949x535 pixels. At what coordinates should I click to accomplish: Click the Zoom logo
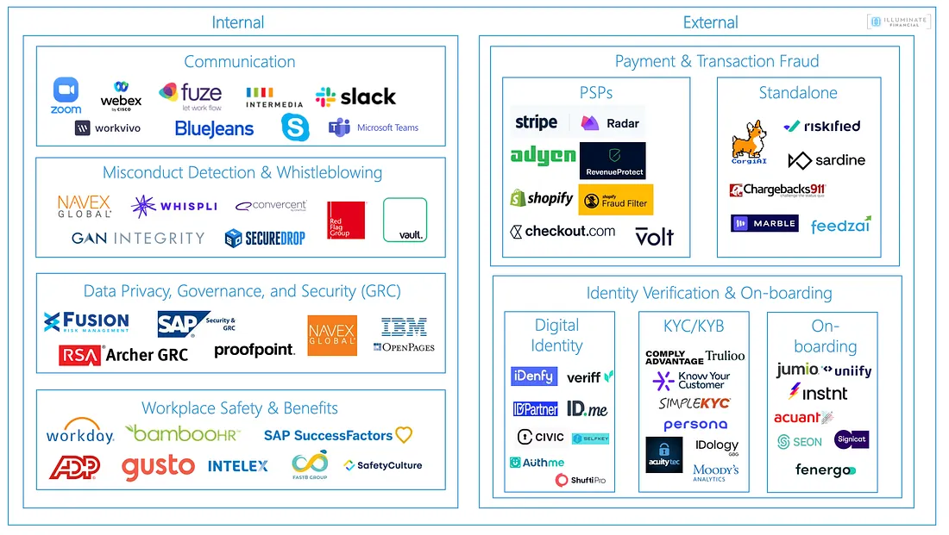point(66,95)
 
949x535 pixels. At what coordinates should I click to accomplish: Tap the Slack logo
point(355,96)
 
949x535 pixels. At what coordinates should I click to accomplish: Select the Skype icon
point(294,128)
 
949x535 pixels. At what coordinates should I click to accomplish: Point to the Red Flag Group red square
point(346,220)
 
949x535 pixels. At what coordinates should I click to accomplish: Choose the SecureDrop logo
point(265,238)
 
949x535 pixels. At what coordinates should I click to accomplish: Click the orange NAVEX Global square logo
point(332,335)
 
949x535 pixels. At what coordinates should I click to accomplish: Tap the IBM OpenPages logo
point(405,335)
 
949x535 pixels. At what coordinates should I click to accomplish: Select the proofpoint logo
point(255,350)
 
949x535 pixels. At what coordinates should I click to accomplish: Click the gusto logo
point(158,466)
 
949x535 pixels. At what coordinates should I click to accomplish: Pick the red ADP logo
point(74,467)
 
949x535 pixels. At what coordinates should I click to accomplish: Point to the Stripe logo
point(536,122)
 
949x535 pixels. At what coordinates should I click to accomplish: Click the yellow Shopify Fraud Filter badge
point(615,201)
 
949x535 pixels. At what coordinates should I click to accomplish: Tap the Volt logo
point(654,236)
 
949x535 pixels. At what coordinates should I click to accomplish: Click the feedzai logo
point(841,225)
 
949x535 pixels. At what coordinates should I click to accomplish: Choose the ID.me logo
point(587,407)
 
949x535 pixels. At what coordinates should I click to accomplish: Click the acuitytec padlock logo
point(663,455)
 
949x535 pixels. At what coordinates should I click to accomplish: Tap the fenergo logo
point(825,470)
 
